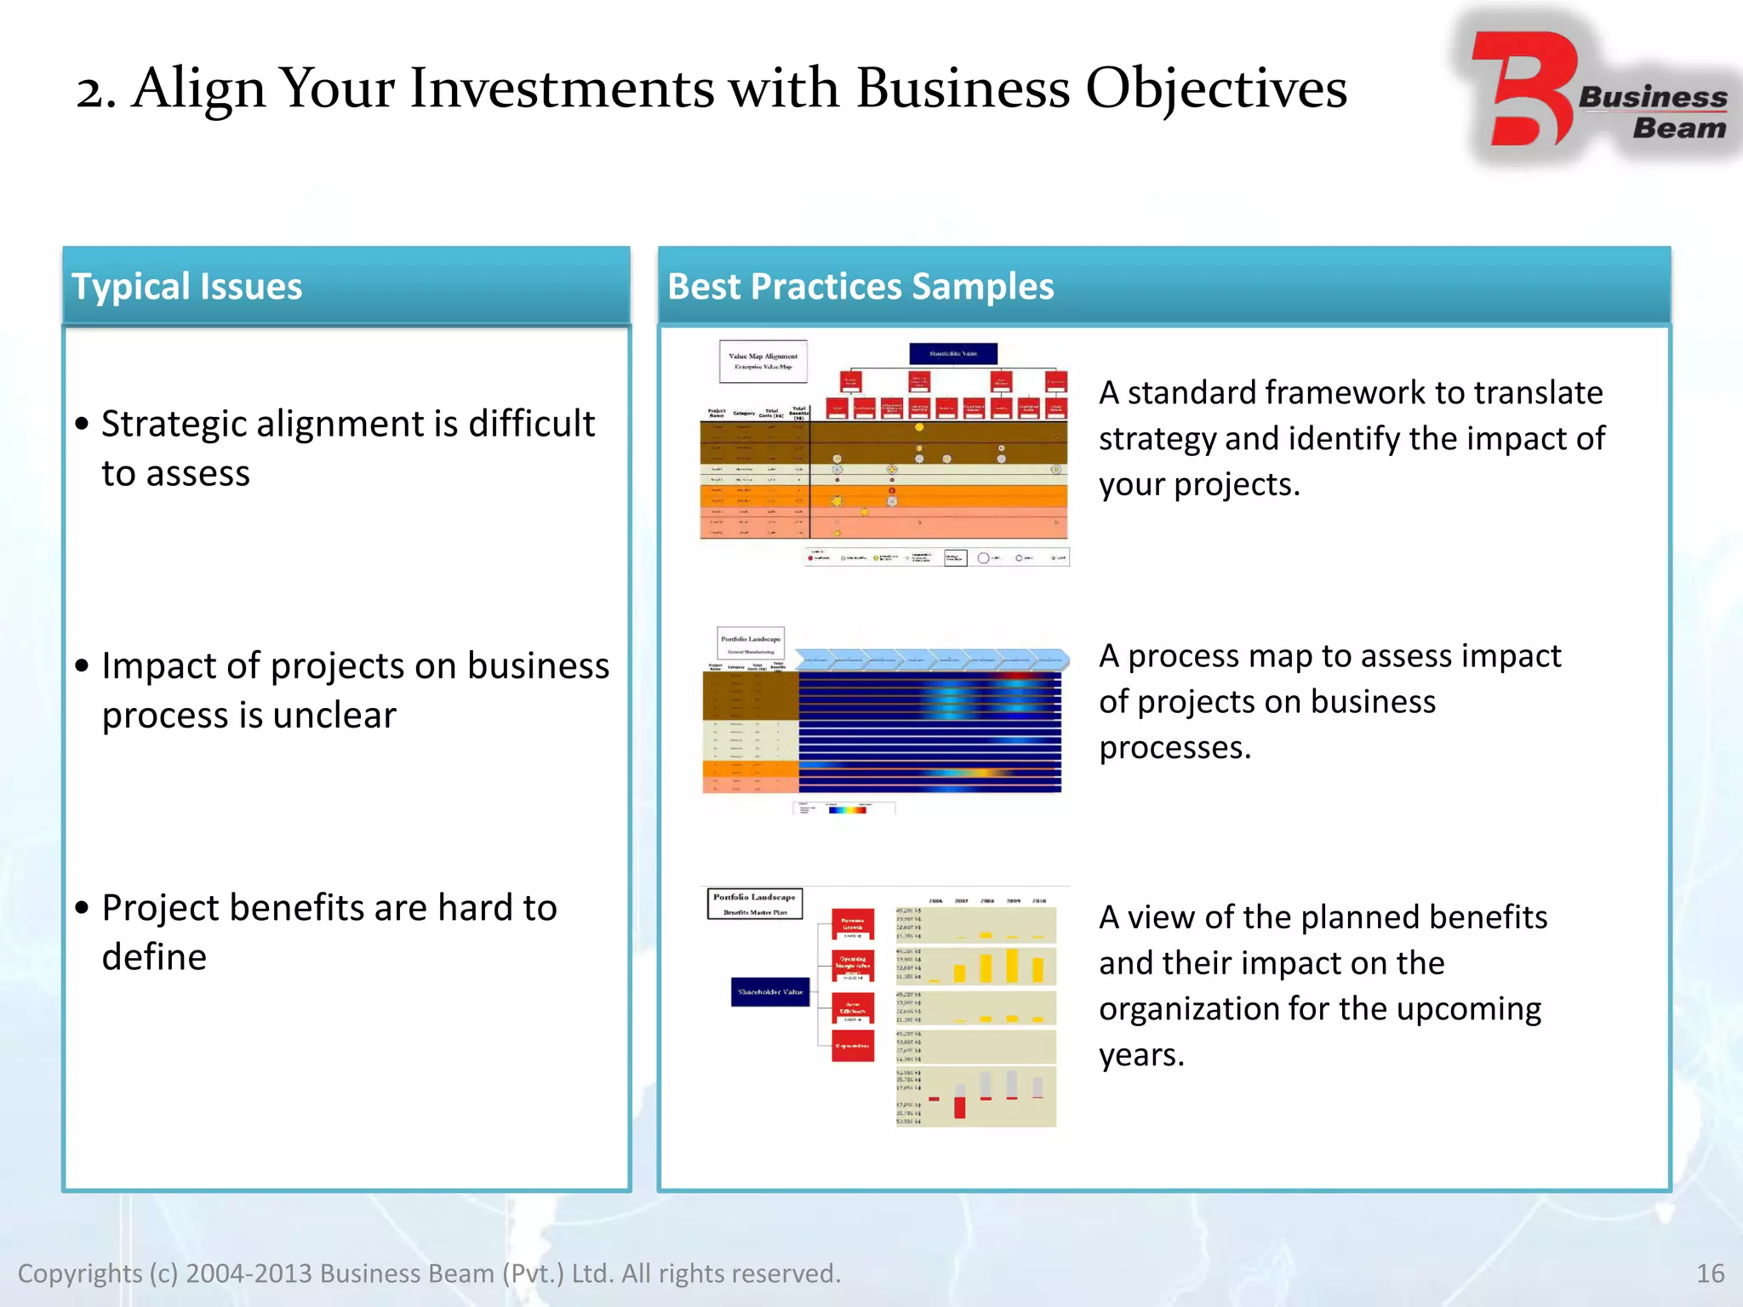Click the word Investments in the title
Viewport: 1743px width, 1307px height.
point(562,88)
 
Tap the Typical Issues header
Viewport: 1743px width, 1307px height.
point(186,287)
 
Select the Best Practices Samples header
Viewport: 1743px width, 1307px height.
point(860,287)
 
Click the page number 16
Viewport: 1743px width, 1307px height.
point(1710,1273)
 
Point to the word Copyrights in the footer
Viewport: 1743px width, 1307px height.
point(80,1273)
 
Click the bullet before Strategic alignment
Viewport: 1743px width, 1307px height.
point(82,424)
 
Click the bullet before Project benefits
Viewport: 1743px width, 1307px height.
point(82,908)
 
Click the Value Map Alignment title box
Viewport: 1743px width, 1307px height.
point(763,361)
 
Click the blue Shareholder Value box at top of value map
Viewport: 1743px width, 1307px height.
point(952,353)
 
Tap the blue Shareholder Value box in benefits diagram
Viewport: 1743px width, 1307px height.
point(769,992)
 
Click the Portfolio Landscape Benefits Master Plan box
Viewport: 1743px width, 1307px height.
point(755,904)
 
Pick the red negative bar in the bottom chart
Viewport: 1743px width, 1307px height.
point(960,1107)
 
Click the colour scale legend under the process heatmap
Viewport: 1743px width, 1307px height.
point(846,809)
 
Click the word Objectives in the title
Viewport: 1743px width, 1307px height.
point(1216,88)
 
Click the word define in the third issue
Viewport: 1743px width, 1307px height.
point(154,957)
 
